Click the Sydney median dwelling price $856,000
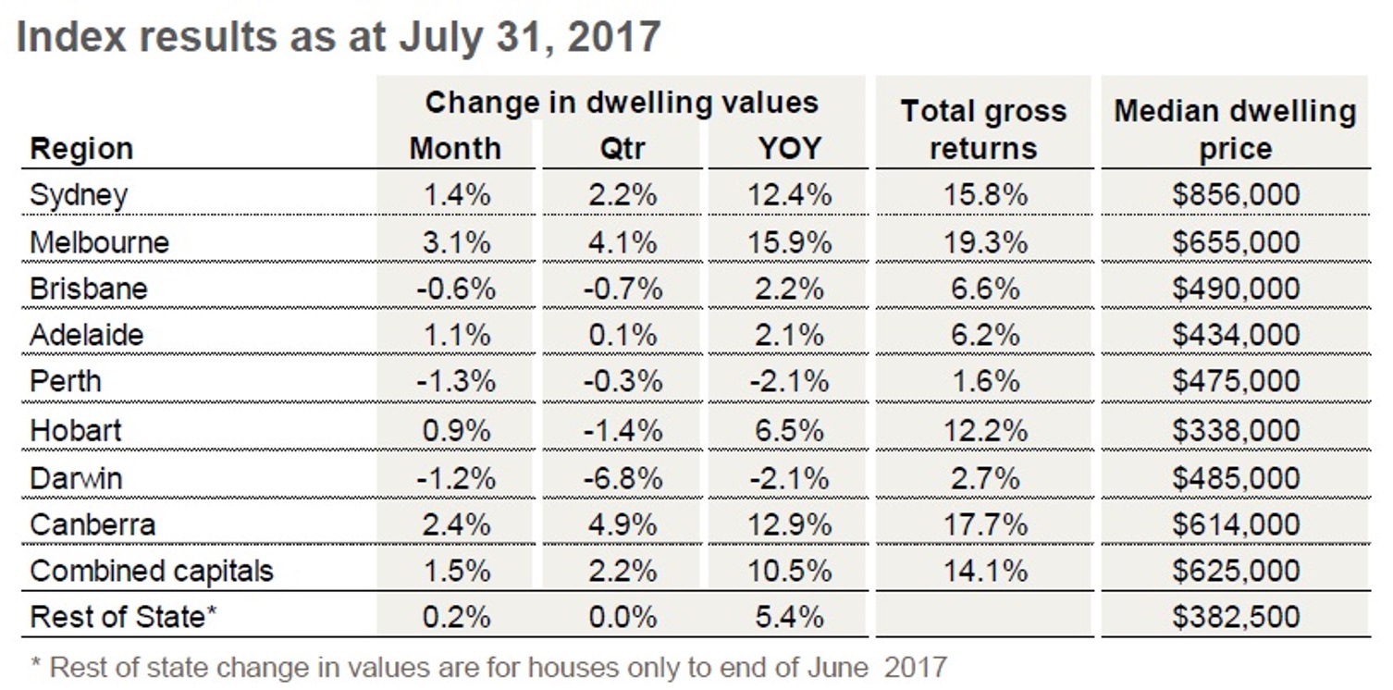pyautogui.click(x=1235, y=195)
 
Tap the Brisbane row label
pyautogui.click(x=88, y=289)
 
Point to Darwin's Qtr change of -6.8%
pyautogui.click(x=622, y=478)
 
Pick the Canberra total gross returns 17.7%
pyautogui.click(x=984, y=524)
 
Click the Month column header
pyautogui.click(x=455, y=149)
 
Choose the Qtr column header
pyautogui.click(x=622, y=149)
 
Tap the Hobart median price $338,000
pyautogui.click(x=1235, y=430)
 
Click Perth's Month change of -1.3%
pyautogui.click(x=455, y=381)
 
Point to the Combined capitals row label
pyautogui.click(x=152, y=571)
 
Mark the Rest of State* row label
pyautogui.click(x=124, y=617)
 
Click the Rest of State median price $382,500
pyautogui.click(x=1235, y=617)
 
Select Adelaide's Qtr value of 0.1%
pyautogui.click(x=622, y=334)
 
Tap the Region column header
pyautogui.click(x=81, y=149)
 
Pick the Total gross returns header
pyautogui.click(x=983, y=129)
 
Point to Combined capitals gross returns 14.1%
pyautogui.click(x=984, y=571)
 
